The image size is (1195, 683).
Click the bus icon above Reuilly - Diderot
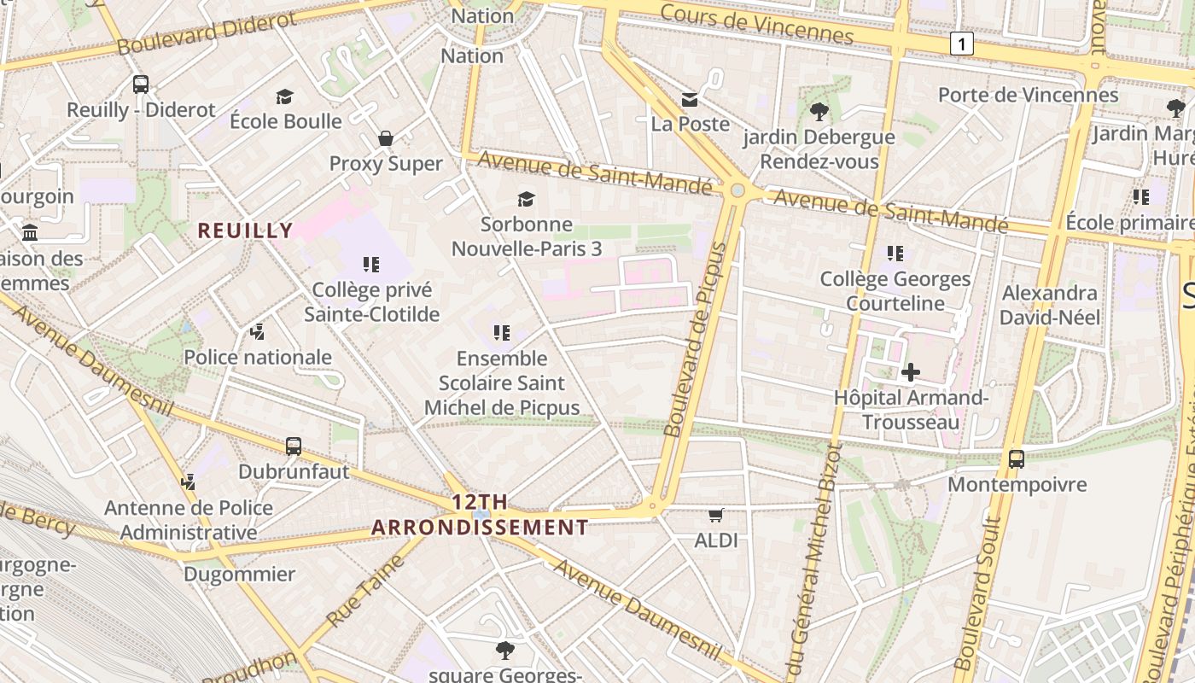(x=141, y=85)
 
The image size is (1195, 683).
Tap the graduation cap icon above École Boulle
(x=284, y=96)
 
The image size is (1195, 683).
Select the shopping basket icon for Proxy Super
(x=386, y=138)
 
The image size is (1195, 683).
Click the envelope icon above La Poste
(x=690, y=100)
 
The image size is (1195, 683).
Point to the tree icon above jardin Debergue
(x=819, y=111)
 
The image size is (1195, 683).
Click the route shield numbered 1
(x=962, y=44)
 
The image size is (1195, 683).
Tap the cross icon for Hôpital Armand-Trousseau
(x=911, y=372)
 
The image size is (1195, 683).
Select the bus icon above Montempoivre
(x=1017, y=458)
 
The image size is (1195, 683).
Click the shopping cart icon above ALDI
(x=716, y=515)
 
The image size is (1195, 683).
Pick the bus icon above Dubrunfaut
(x=294, y=446)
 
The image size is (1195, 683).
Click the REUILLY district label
(x=245, y=231)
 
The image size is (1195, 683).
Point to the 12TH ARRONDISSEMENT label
(x=480, y=515)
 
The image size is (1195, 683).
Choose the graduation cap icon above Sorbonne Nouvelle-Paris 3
(x=527, y=199)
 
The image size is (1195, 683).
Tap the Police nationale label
(x=258, y=357)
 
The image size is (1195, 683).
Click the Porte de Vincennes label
(x=1028, y=94)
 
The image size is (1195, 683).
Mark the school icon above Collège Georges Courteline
(x=895, y=254)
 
